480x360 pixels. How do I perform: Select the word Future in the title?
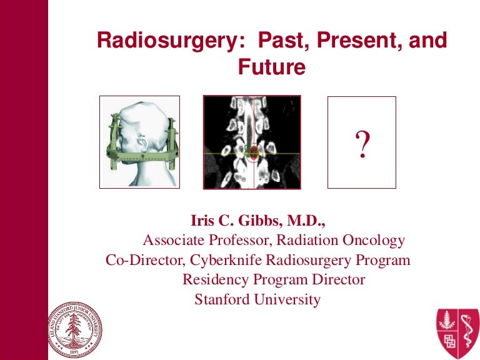271,66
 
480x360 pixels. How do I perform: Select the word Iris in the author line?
202,221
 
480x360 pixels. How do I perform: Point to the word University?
291,299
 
